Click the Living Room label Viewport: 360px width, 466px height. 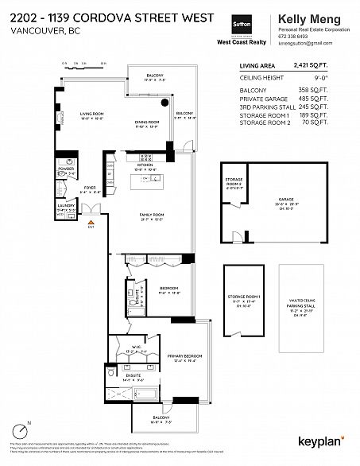tap(92, 115)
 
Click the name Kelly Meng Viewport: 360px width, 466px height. tap(306, 17)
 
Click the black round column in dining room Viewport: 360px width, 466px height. tap(165, 103)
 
